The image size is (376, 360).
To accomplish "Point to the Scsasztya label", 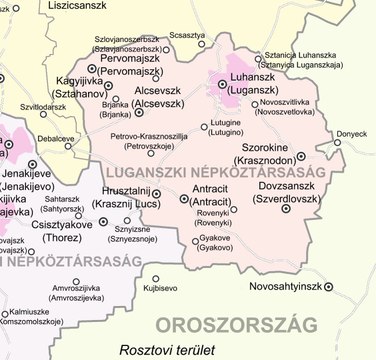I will (186, 35).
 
